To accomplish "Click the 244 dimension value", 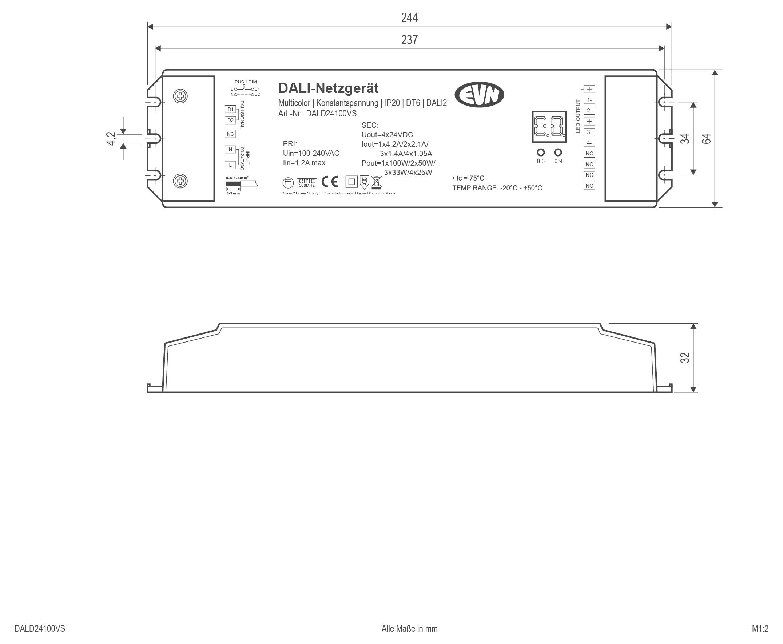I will coord(409,17).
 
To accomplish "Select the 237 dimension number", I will coord(409,40).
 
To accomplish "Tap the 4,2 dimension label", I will coord(111,139).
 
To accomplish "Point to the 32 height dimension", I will coord(685,357).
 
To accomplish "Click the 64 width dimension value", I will coord(706,138).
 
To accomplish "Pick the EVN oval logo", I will coord(479,95).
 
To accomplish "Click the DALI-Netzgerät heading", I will coord(328,88).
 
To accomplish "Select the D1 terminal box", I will coord(231,109).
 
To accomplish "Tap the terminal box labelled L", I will coord(230,165).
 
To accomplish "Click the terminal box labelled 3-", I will coord(589,132).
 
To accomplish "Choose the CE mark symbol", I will coord(330,182).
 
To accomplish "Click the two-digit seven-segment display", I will coord(549,126).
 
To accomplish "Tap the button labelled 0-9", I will coord(558,152).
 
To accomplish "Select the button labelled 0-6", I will coord(541,152).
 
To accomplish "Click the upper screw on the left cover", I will coord(180,96).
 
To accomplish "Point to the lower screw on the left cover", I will coord(180,181).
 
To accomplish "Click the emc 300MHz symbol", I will coord(307,182).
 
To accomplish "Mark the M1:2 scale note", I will coord(760,628).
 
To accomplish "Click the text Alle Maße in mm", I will coord(409,628).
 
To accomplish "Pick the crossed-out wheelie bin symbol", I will coord(376,182).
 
